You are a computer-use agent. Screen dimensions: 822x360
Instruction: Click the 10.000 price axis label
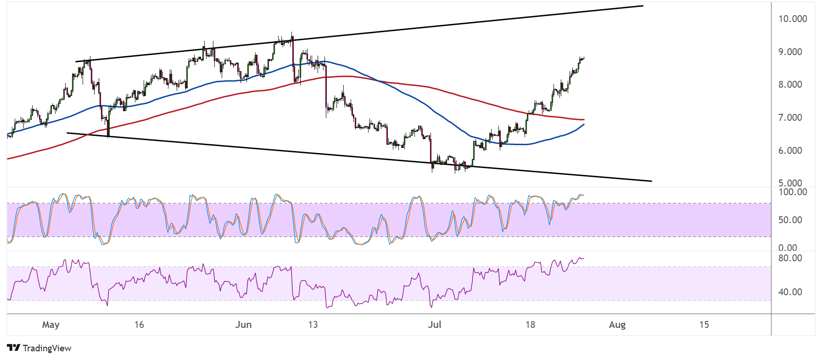click(793, 19)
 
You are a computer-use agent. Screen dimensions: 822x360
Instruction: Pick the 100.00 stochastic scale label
click(793, 192)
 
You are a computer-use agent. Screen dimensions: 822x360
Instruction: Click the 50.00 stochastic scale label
click(790, 220)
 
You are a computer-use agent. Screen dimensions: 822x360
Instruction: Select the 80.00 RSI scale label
click(790, 258)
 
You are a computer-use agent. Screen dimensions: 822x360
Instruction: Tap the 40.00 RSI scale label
click(790, 292)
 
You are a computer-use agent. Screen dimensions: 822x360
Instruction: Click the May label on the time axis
click(51, 325)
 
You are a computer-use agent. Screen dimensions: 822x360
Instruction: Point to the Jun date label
click(243, 325)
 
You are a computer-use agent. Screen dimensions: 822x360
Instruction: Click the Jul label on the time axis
click(435, 325)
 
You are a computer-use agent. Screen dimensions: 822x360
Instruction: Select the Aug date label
click(617, 325)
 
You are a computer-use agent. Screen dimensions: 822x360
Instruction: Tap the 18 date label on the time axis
click(530, 325)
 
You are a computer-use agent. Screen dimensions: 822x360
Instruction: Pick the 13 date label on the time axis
click(313, 325)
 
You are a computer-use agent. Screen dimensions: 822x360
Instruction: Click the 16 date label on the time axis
click(139, 325)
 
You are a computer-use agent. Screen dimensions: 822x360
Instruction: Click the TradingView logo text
click(47, 348)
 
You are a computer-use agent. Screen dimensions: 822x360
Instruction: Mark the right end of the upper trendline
click(643, 6)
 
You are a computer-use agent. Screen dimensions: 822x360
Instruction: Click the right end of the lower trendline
click(652, 181)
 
